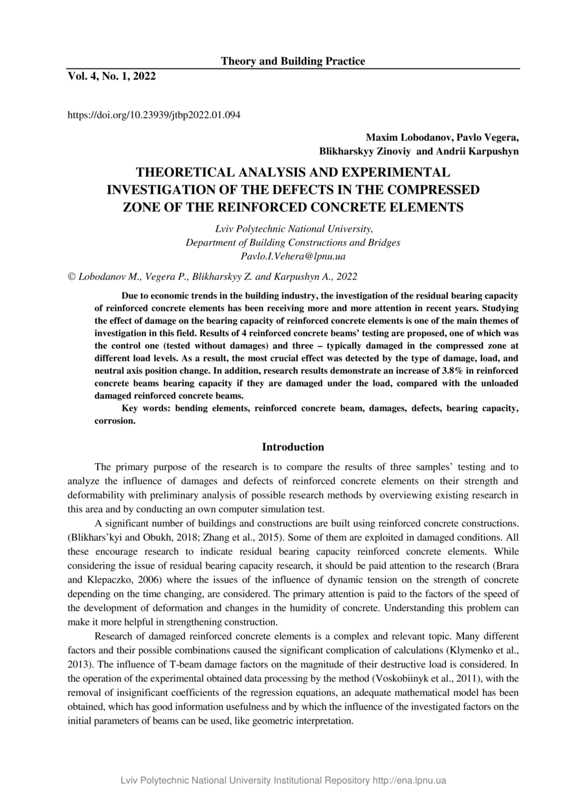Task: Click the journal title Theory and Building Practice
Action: tap(293, 61)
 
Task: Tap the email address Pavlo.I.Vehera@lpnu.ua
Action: tap(293, 257)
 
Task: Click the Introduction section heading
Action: tap(293, 447)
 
